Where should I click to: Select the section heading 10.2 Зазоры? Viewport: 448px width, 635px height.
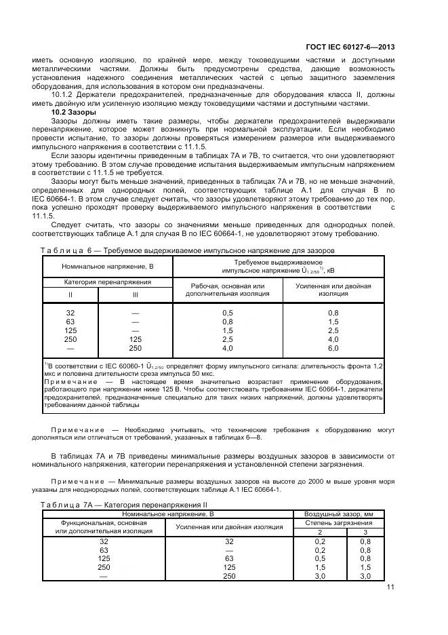point(74,112)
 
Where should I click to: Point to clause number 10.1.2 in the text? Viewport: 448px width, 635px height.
point(63,95)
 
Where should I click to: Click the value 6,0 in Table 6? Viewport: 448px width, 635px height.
point(333,349)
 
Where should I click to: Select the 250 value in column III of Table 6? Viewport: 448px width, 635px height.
point(135,349)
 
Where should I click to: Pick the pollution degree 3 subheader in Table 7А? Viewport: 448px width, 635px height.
point(365,533)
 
